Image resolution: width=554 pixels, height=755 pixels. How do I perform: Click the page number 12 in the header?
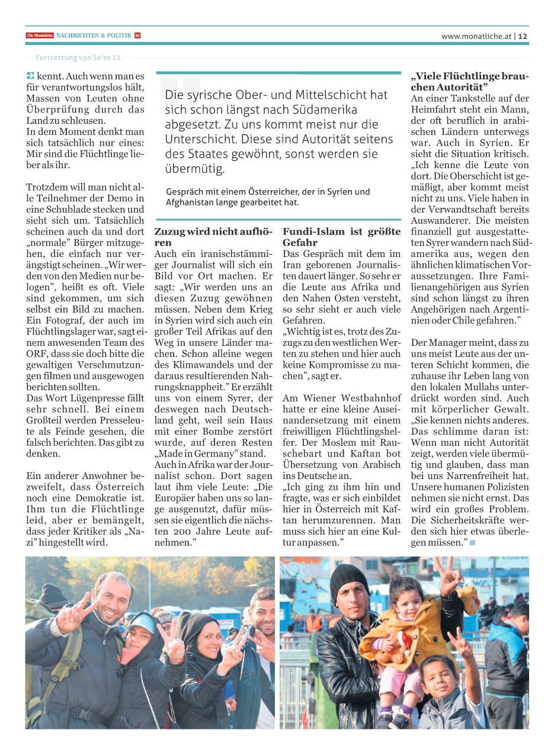click(523, 36)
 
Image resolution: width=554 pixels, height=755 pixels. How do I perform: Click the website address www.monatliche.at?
click(476, 36)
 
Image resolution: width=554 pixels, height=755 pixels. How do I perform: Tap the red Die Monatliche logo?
click(40, 36)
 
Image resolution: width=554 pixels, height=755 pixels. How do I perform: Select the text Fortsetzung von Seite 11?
click(78, 57)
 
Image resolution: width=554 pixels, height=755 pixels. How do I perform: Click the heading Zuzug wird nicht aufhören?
click(213, 237)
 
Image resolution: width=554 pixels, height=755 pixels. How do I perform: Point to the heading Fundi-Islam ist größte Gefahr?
click(341, 237)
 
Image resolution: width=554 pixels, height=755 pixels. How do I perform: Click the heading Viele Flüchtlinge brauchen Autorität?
click(469, 82)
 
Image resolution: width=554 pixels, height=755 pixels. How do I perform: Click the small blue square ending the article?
click(472, 543)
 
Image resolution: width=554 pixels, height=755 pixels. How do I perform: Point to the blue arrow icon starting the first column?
click(30, 76)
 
